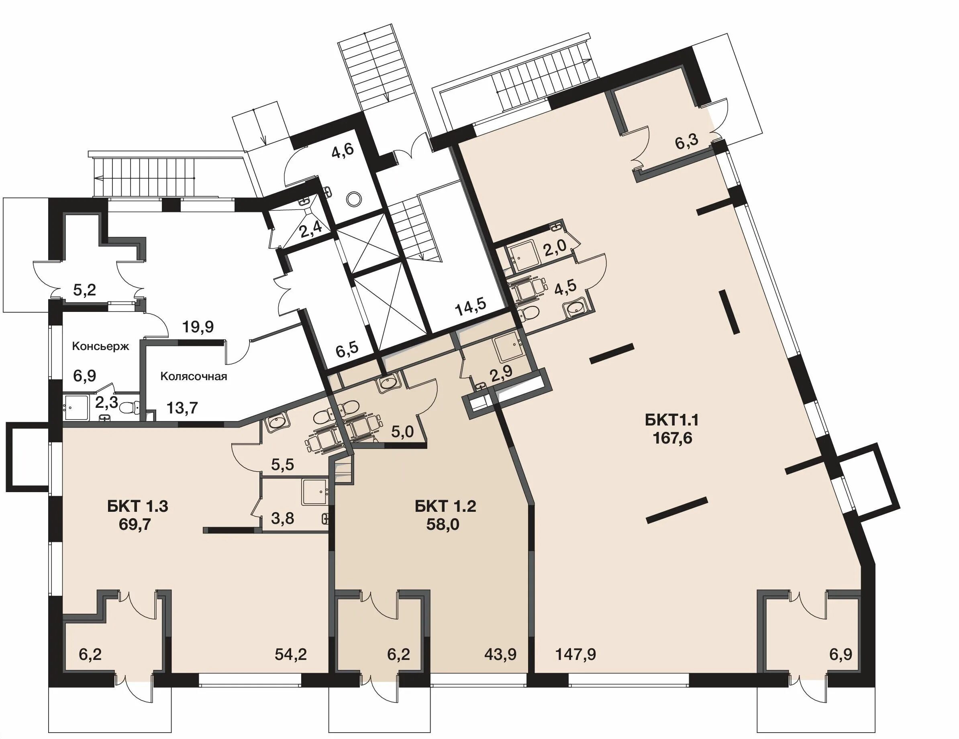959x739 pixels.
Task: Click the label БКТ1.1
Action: pos(672,420)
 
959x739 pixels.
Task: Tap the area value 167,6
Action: pos(673,438)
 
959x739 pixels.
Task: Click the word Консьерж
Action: pos(101,347)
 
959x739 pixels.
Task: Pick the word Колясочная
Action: pos(194,376)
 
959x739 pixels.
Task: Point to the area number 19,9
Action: pos(198,326)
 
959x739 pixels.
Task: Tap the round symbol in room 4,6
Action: pos(353,199)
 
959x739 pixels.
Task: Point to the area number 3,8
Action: pos(282,519)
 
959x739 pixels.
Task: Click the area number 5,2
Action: pos(85,290)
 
